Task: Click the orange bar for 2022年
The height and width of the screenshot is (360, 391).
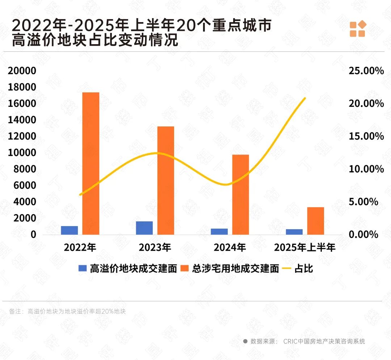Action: [91, 163]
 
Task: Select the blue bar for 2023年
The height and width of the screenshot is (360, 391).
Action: [144, 228]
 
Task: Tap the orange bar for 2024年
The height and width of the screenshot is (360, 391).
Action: [241, 194]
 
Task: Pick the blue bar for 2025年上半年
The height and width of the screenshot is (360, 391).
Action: [294, 232]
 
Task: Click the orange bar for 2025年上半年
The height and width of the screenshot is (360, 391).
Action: [315, 221]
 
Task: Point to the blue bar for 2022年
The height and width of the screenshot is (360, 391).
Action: [70, 230]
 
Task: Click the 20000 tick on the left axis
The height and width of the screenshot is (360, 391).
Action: [22, 71]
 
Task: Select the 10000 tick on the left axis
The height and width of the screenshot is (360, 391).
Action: [22, 152]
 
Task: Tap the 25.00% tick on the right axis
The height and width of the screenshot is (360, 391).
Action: [366, 71]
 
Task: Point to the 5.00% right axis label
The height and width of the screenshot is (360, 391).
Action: [363, 202]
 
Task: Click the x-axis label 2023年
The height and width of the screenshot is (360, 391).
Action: [155, 248]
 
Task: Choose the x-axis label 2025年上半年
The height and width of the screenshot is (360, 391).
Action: [305, 248]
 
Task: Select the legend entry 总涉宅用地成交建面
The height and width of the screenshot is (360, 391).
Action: [235, 269]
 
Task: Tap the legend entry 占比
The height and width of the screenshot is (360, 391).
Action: [303, 269]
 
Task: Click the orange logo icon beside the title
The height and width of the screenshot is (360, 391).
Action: [358, 29]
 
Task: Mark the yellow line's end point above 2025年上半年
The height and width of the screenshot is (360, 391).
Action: [305, 98]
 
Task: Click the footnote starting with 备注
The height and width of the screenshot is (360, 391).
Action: [67, 311]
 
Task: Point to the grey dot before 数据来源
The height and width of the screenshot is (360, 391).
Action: [245, 341]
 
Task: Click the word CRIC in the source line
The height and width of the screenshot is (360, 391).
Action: [290, 341]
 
